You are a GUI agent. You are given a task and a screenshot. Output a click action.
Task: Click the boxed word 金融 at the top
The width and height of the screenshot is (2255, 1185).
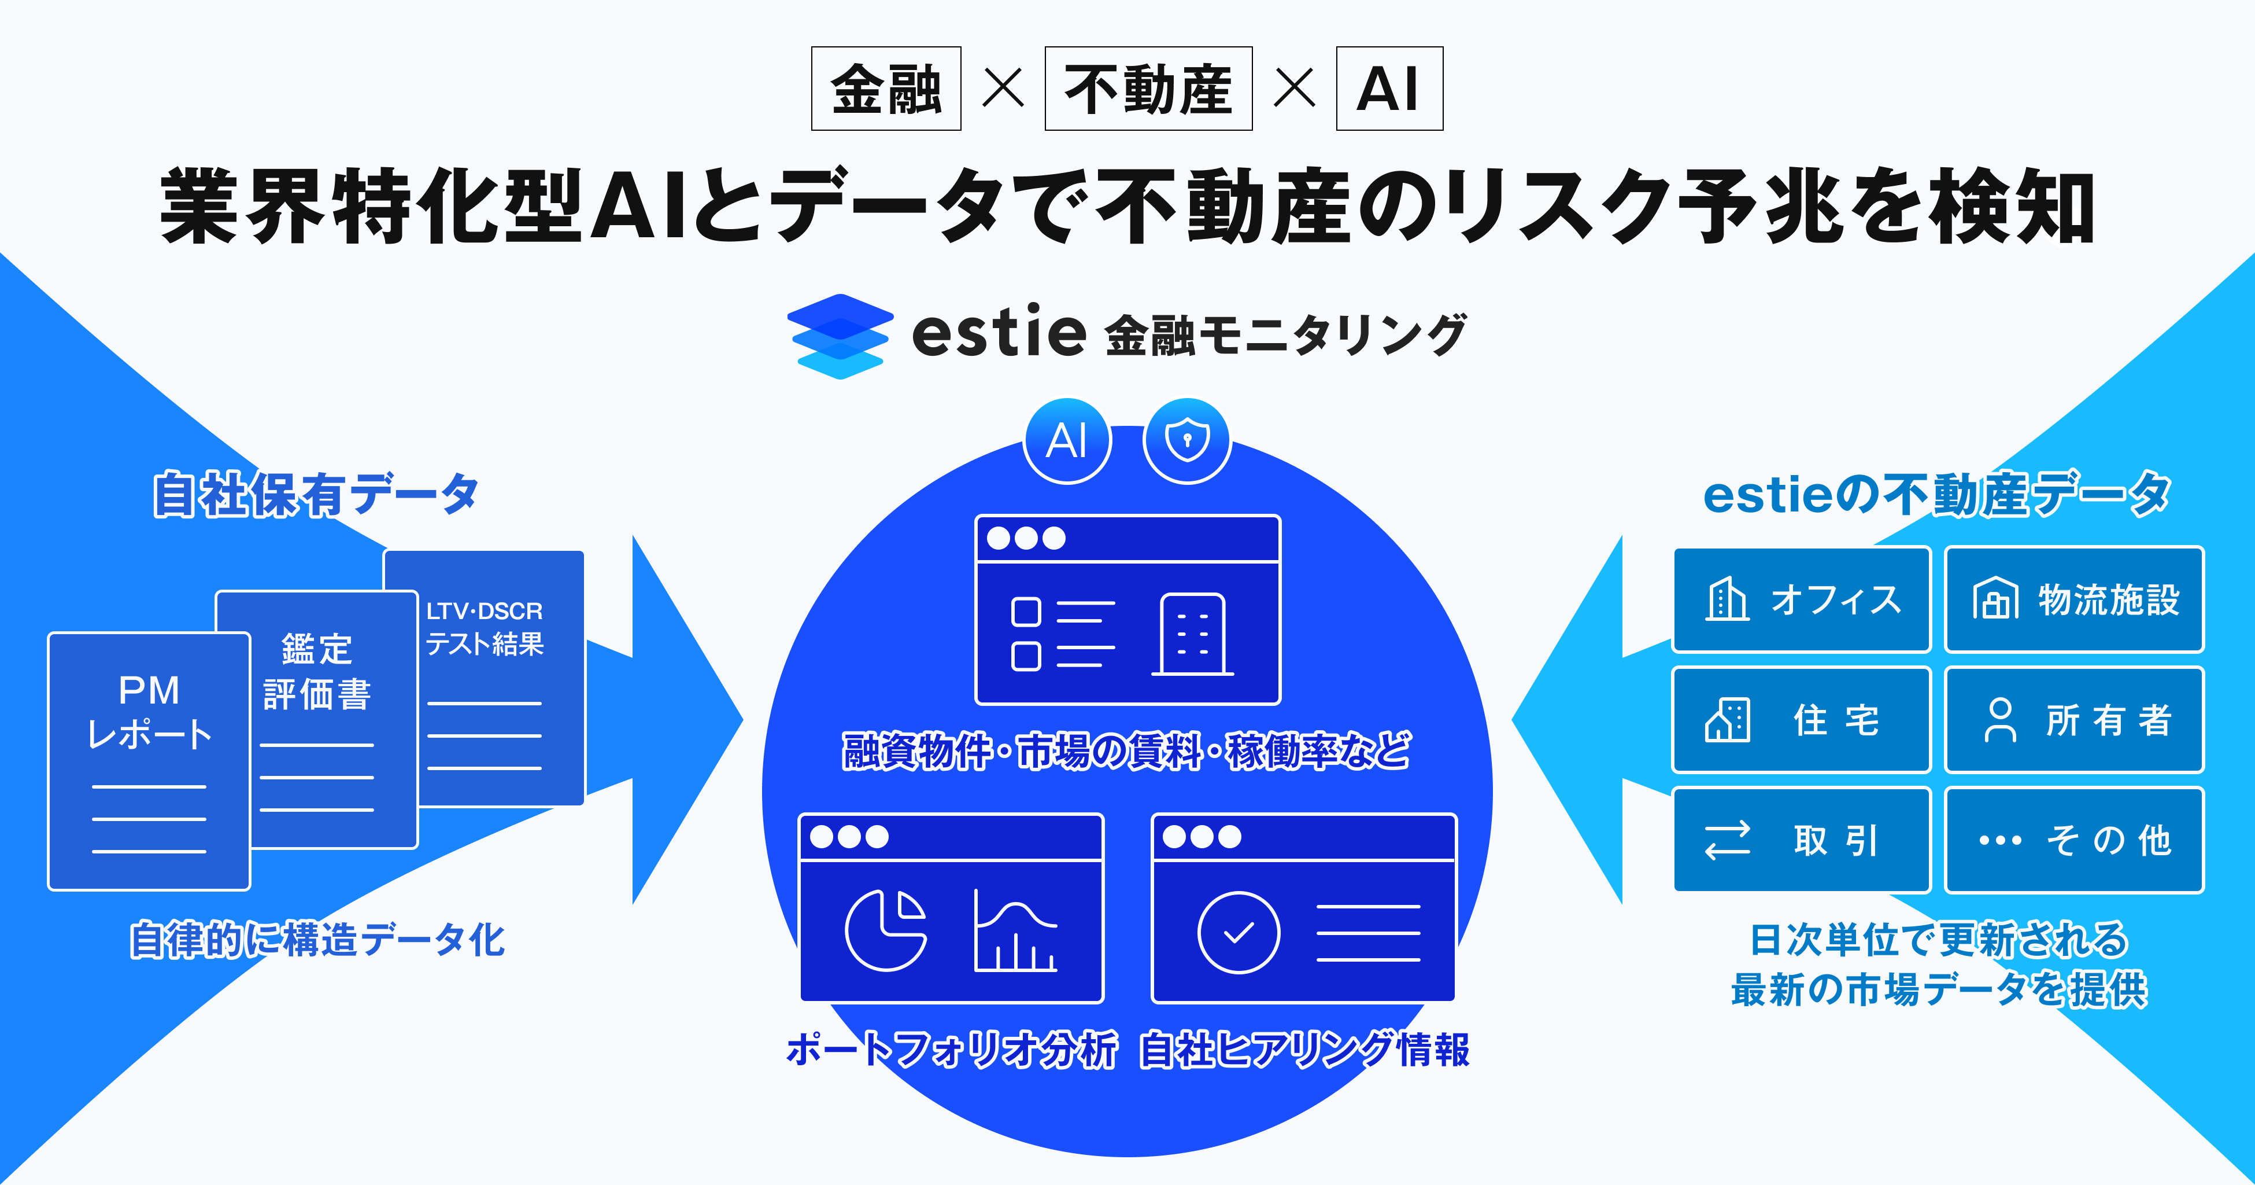[886, 89]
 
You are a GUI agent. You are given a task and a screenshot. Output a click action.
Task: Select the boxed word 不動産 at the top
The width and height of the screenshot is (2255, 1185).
[1148, 89]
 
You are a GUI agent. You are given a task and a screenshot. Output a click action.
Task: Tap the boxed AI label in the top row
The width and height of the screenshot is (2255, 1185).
[1388, 89]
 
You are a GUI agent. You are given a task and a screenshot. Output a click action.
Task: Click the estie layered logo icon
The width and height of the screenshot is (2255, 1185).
[840, 336]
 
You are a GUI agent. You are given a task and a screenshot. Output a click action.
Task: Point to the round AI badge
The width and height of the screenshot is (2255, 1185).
[1067, 440]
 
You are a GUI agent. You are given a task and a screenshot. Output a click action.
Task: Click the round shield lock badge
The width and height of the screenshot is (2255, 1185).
[1187, 440]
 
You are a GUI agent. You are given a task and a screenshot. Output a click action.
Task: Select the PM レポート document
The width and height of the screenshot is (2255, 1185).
[148, 760]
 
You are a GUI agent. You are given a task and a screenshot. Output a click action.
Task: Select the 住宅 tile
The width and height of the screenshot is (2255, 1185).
[1802, 720]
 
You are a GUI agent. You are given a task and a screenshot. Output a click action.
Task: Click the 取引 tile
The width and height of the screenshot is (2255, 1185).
[1802, 840]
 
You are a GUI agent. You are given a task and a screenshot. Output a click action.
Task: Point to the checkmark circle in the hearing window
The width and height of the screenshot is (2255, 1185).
[1238, 933]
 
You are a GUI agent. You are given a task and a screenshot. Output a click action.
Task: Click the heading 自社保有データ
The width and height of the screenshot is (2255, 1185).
[315, 494]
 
